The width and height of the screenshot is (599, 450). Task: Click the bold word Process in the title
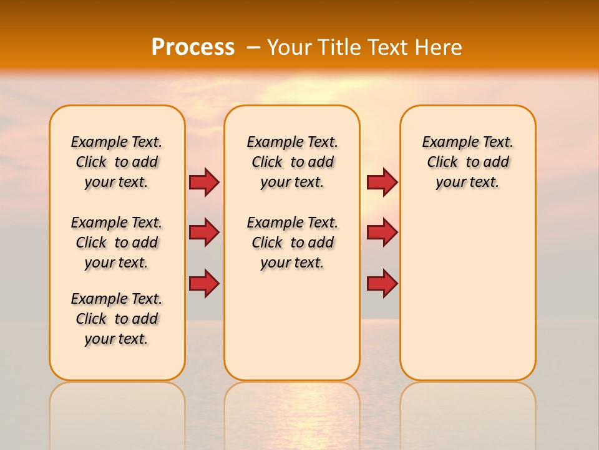192,47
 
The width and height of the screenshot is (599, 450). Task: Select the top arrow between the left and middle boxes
204,182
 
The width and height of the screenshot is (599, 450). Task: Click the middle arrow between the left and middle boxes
204,232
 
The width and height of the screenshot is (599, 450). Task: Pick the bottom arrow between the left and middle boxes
204,284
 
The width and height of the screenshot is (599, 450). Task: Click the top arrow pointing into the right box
382,182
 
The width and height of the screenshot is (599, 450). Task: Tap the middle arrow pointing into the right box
382,232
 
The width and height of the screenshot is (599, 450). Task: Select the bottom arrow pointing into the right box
382,284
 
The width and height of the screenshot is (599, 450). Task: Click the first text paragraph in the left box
117,162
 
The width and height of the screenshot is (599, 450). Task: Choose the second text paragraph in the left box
117,242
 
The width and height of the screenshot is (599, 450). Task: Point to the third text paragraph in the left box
117,319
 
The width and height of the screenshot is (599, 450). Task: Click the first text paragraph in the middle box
292,162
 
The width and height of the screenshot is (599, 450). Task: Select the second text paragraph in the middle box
292,242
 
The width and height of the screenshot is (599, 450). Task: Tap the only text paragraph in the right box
467,162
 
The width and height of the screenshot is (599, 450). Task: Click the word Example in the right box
446,142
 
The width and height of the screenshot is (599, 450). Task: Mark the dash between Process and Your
253,47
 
